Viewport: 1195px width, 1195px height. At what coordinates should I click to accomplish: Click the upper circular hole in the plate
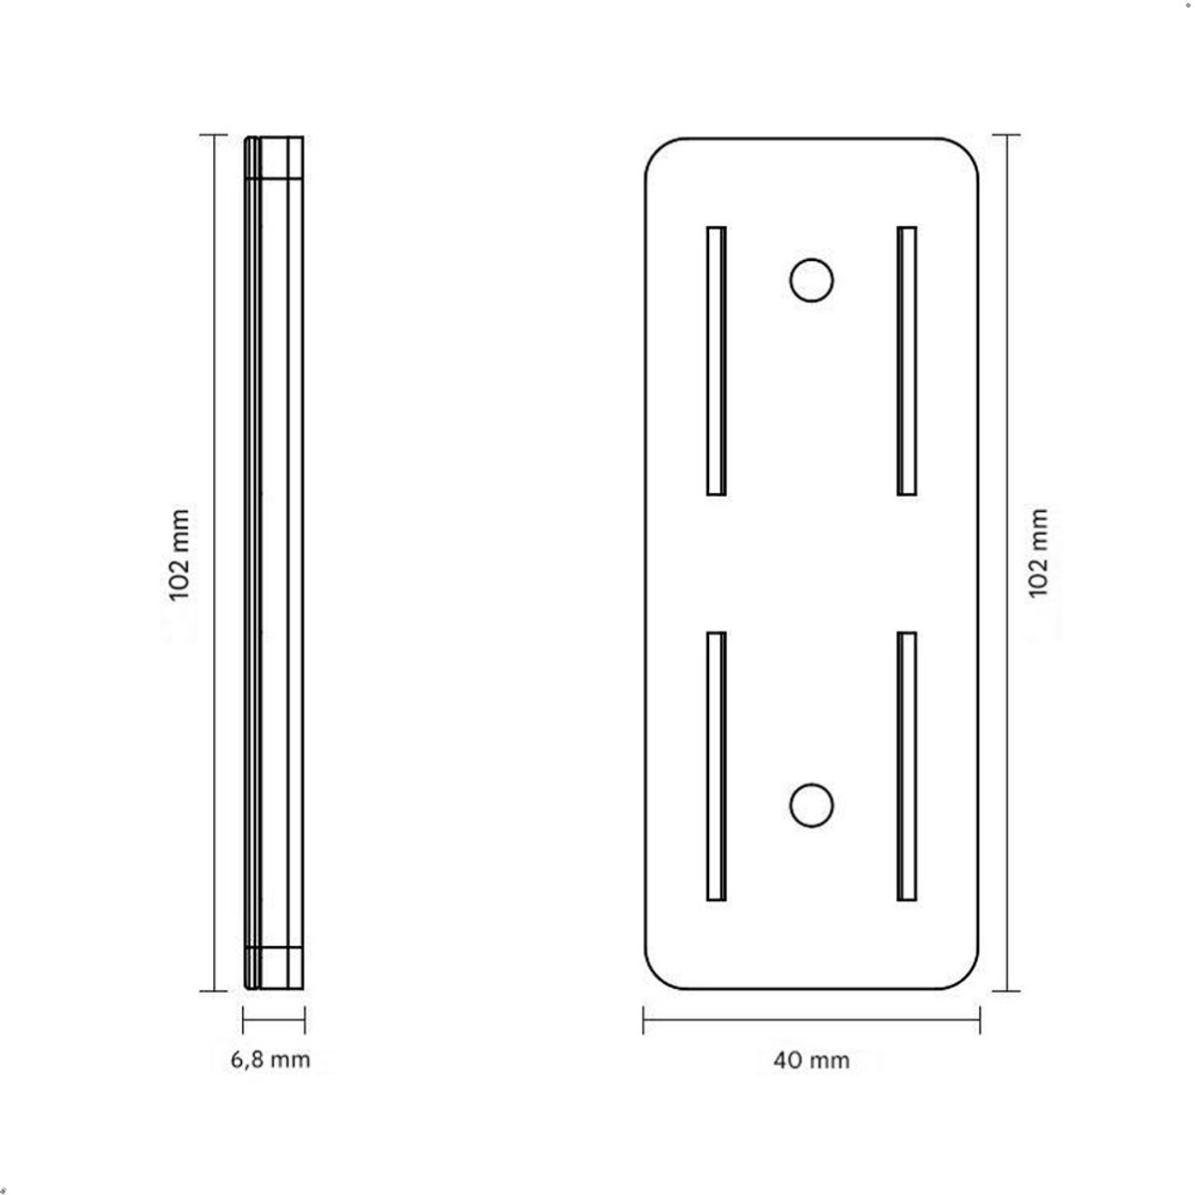[812, 280]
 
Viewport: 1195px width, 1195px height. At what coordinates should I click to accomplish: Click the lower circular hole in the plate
[812, 805]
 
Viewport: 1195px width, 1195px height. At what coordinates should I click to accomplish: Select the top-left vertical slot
[716, 360]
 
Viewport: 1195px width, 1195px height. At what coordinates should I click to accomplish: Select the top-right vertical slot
[906, 360]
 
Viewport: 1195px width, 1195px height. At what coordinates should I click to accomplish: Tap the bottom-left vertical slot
[716, 766]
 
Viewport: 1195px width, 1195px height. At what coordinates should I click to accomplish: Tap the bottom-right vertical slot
[906, 766]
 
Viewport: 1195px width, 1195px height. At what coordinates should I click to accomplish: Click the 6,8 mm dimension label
[271, 1060]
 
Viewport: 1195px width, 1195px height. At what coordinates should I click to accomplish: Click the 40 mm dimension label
[812, 1060]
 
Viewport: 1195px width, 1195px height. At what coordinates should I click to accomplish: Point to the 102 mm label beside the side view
[179, 555]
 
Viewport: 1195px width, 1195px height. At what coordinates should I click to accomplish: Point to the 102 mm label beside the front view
[1038, 554]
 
